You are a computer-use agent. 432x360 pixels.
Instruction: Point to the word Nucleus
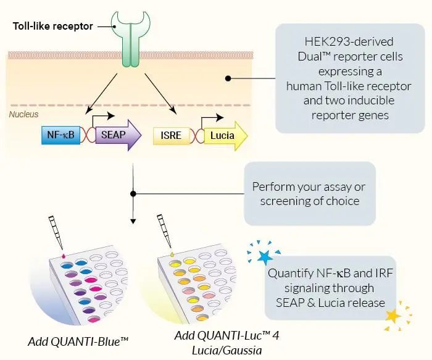[x=24, y=115]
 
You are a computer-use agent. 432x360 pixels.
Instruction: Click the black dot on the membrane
[x=228, y=78]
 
